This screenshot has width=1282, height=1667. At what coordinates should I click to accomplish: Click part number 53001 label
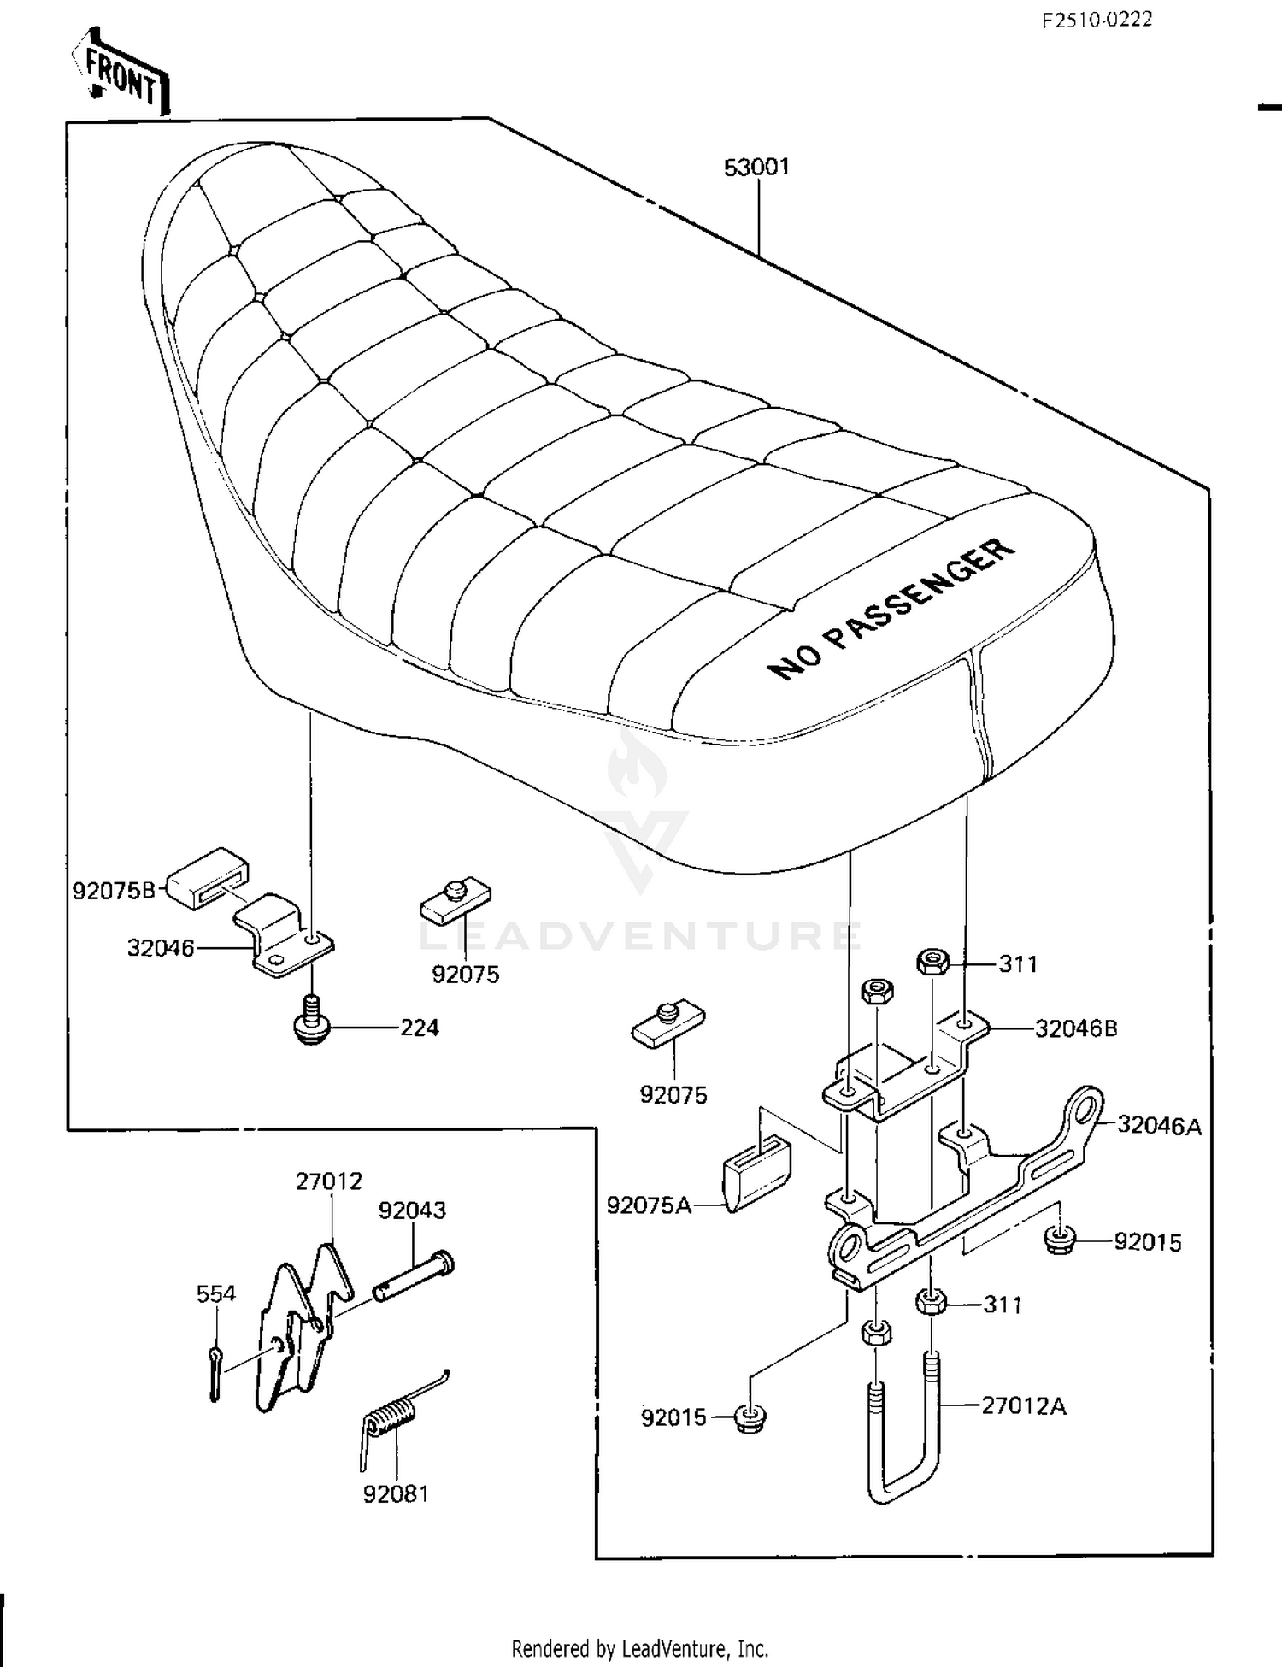[756, 167]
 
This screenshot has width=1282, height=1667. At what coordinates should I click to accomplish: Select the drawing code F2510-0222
[1097, 20]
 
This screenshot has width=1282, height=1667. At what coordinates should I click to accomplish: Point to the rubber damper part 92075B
[207, 874]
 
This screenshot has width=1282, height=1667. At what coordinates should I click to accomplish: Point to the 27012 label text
[329, 1181]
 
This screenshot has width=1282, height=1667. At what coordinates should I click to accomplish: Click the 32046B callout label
[1076, 1028]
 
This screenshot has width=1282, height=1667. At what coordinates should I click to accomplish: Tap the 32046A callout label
[1159, 1126]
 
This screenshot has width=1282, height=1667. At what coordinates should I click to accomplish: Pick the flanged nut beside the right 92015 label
[1058, 1240]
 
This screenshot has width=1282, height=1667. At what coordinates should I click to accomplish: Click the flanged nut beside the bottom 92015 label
[750, 1419]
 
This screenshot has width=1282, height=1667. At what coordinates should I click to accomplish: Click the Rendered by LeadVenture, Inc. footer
[639, 1647]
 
